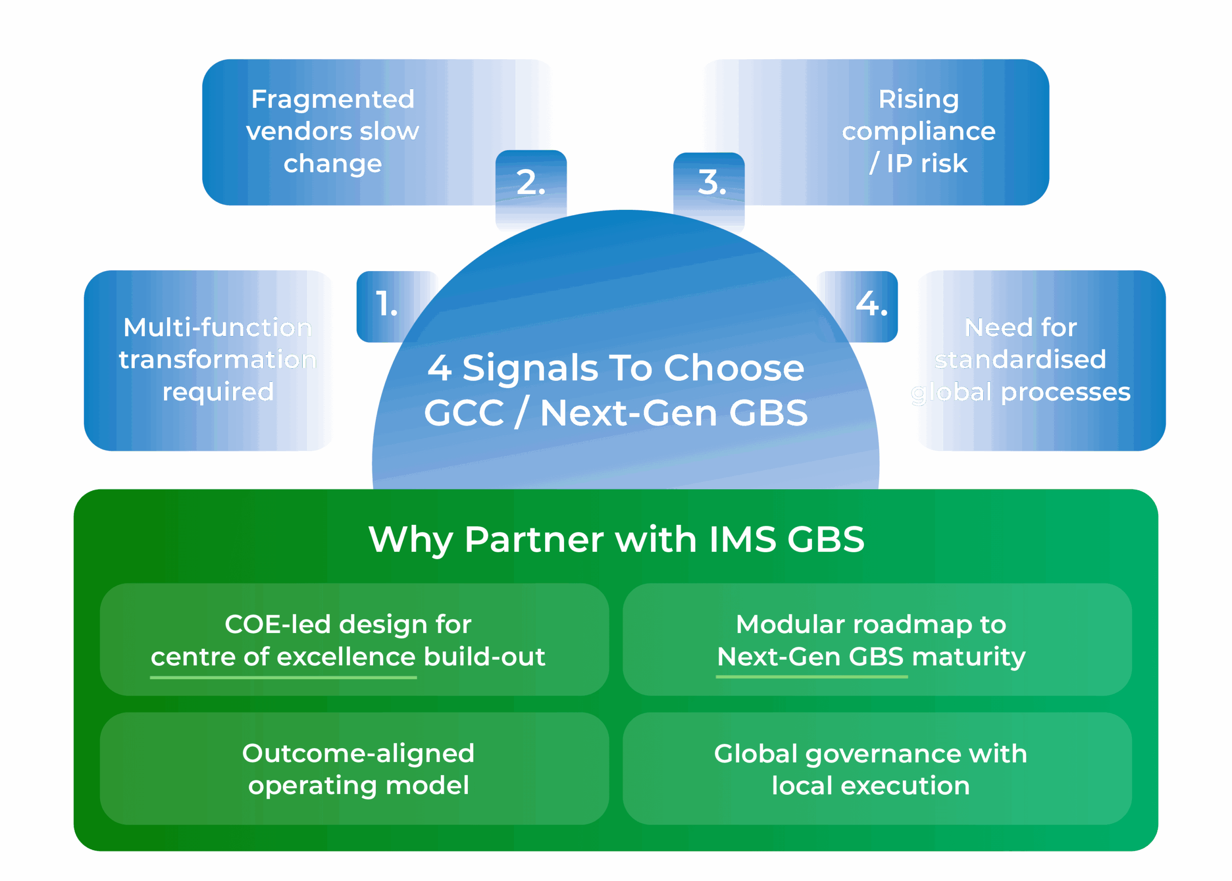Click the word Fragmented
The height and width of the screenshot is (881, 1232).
pyautogui.click(x=333, y=99)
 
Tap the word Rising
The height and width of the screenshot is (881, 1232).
pyautogui.click(x=919, y=99)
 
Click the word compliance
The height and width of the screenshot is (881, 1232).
pyautogui.click(x=919, y=131)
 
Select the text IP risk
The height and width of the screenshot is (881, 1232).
pyautogui.click(x=927, y=163)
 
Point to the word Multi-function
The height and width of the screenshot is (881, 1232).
pyautogui.click(x=218, y=328)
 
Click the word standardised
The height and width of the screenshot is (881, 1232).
pyautogui.click(x=1020, y=360)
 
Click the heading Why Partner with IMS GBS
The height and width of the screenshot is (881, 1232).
pyautogui.click(x=616, y=539)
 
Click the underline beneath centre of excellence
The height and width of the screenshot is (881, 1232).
pyautogui.click(x=283, y=677)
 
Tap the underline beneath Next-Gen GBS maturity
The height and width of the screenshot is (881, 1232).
pyautogui.click(x=811, y=677)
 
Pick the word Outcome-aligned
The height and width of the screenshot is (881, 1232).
pyautogui.click(x=358, y=753)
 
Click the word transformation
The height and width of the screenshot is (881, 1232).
pyautogui.click(x=218, y=360)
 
